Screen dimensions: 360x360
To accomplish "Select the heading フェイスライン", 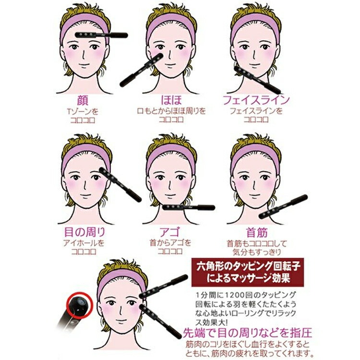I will coord(256,100).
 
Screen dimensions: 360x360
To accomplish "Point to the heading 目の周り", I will coord(84,233).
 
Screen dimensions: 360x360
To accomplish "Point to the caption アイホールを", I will coord(84,243).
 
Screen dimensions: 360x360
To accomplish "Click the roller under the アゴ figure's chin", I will coord(188,207).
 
